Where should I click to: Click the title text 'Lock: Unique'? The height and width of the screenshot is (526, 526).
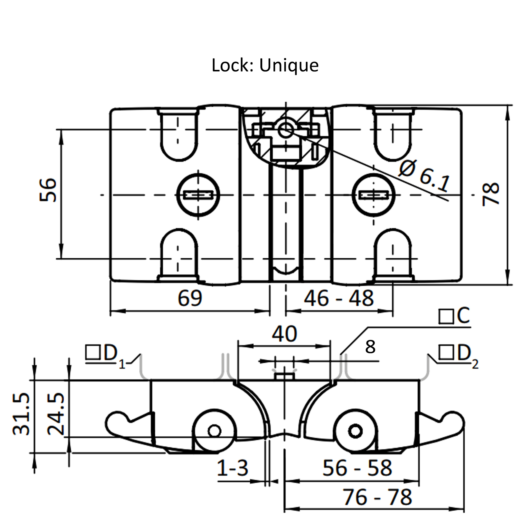pos(265,65)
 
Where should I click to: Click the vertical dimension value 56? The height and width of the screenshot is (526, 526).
pos(48,190)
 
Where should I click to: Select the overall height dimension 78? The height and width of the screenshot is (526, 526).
pos(491,194)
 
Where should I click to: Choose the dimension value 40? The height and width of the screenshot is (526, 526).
pos(284,334)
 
